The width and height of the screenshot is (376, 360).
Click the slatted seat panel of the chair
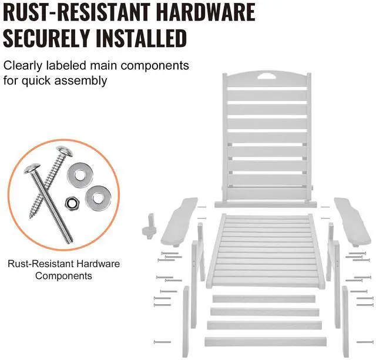267,250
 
